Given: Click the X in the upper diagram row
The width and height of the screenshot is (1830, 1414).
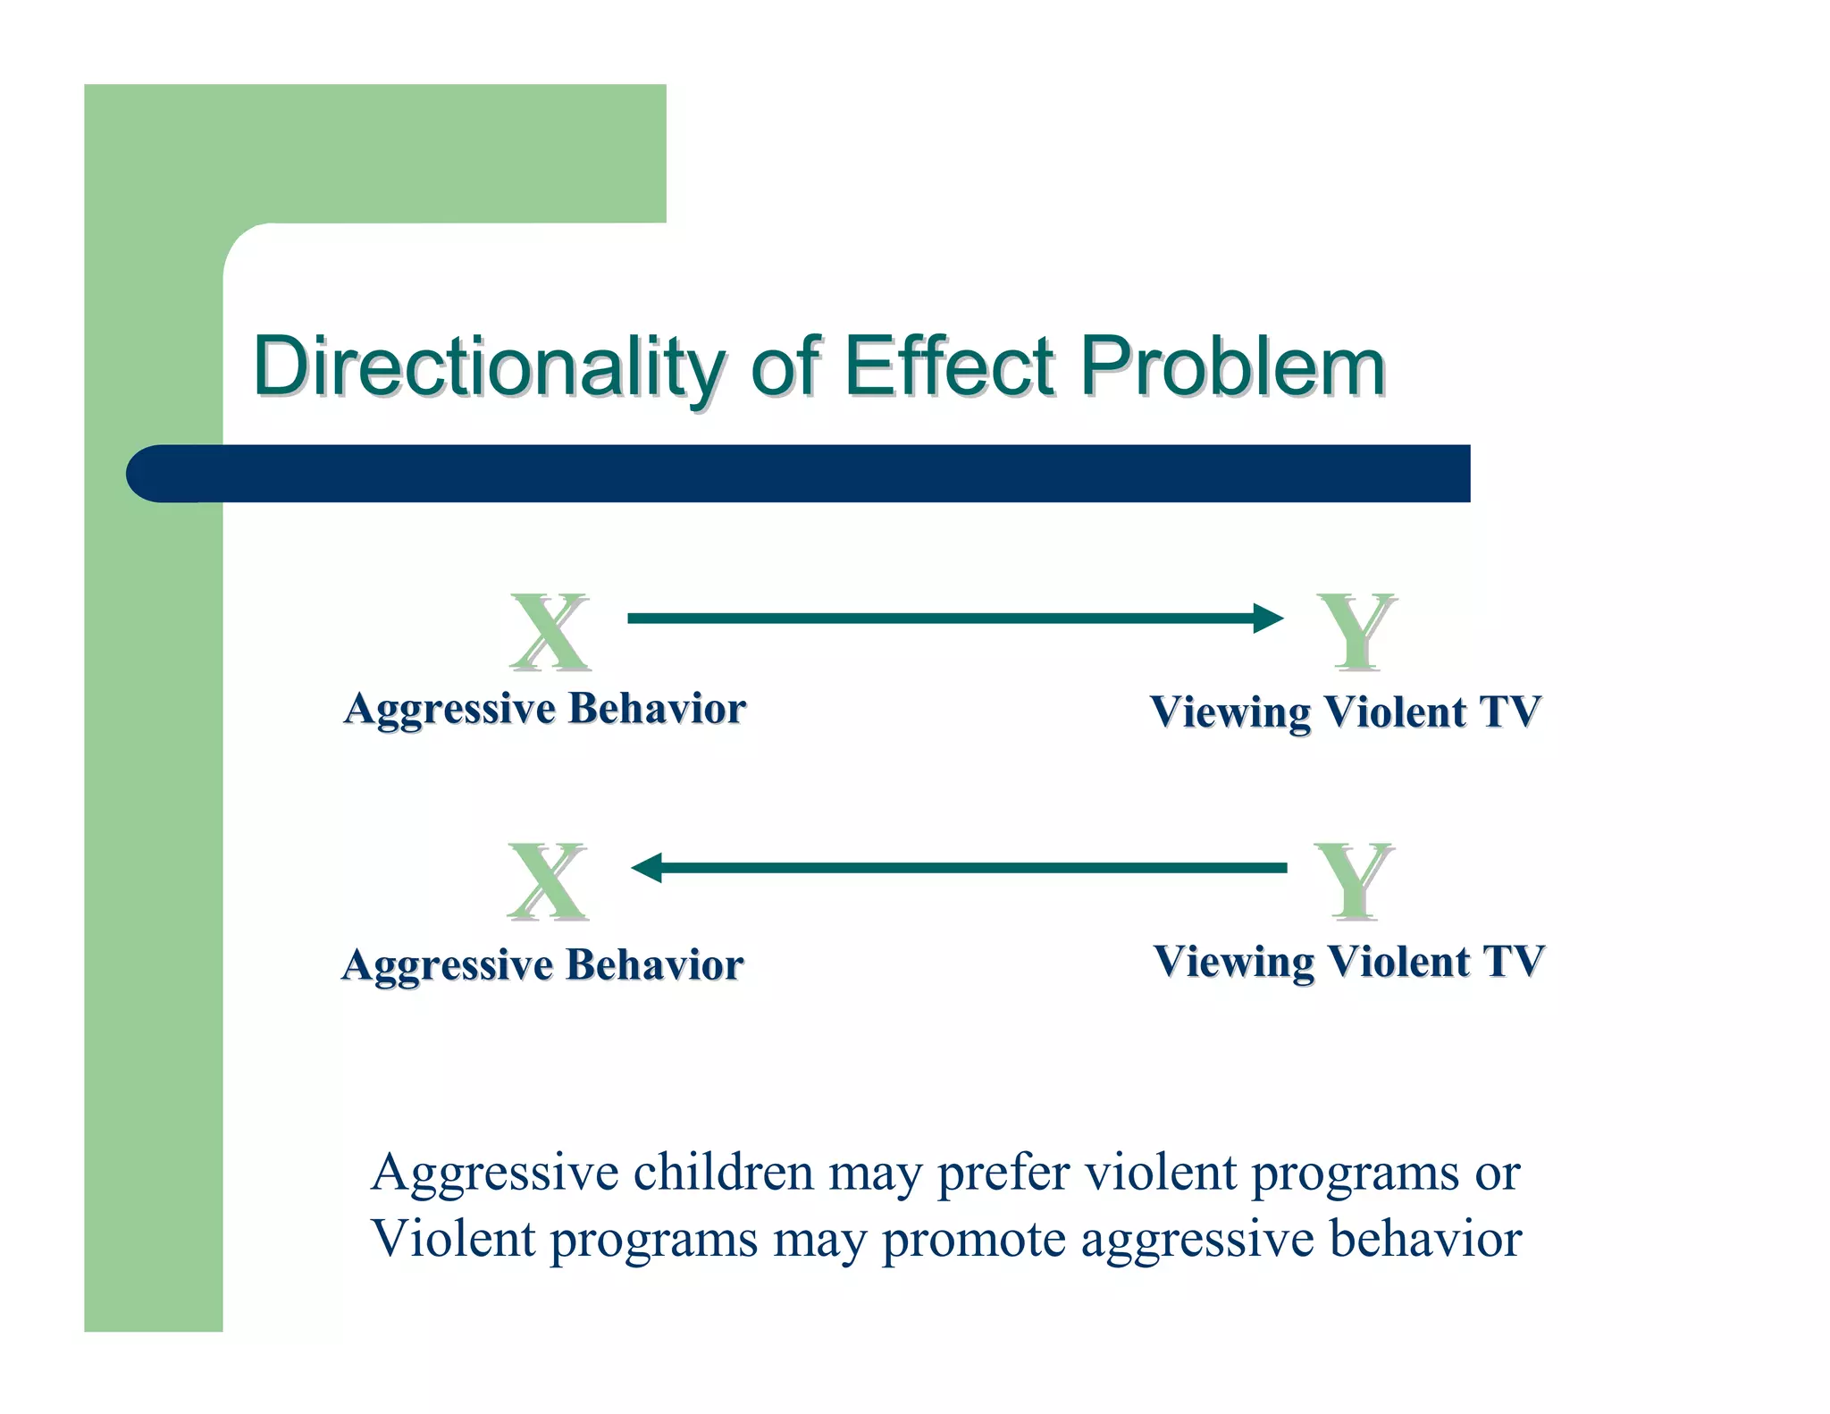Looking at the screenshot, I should pyautogui.click(x=550, y=631).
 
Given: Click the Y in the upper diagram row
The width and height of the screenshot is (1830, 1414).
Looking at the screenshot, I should pyautogui.click(x=1356, y=631).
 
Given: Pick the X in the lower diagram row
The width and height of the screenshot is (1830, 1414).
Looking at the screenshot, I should pyautogui.click(x=548, y=881).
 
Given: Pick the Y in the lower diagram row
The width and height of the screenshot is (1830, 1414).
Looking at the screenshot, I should pyautogui.click(x=1354, y=881).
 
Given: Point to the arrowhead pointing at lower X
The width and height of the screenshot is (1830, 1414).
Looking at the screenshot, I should pyautogui.click(x=647, y=868).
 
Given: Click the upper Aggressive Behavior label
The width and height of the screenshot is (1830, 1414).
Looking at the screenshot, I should pyautogui.click(x=544, y=709).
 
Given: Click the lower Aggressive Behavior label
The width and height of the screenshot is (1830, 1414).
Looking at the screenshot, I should pyautogui.click(x=542, y=965).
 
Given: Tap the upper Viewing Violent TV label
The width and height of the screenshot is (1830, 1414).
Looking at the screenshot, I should pyautogui.click(x=1345, y=712).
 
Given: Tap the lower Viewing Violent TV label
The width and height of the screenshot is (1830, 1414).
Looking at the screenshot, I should pyautogui.click(x=1348, y=963).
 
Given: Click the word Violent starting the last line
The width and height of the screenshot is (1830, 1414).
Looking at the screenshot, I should pyautogui.click(x=453, y=1239).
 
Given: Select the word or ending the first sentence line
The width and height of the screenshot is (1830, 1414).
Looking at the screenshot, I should pyautogui.click(x=1497, y=1174).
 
